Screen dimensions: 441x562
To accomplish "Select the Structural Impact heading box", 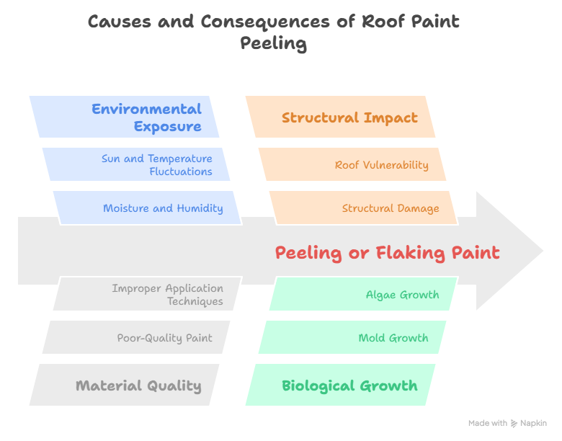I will pyautogui.click(x=340, y=117).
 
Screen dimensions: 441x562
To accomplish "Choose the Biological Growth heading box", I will pyautogui.click(x=340, y=385).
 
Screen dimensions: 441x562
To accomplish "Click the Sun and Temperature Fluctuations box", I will pyautogui.click(x=137, y=164).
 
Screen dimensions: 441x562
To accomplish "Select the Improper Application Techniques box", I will pyautogui.click(x=147, y=294).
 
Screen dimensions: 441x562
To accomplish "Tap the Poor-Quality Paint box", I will pyautogui.click(x=137, y=337).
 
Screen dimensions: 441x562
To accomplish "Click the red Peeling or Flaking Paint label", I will pyautogui.click(x=387, y=253).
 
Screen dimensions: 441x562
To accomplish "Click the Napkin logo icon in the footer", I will pyautogui.click(x=514, y=424).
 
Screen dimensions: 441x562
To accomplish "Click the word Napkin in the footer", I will pyautogui.click(x=533, y=424).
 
